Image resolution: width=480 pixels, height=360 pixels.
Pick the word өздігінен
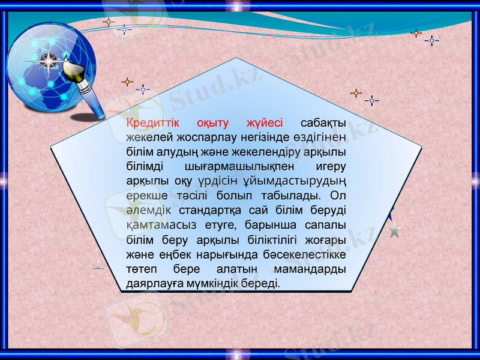tap(319, 137)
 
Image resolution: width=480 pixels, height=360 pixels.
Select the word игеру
tap(332, 166)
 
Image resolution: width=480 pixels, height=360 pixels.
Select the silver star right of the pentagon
tap(394, 230)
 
